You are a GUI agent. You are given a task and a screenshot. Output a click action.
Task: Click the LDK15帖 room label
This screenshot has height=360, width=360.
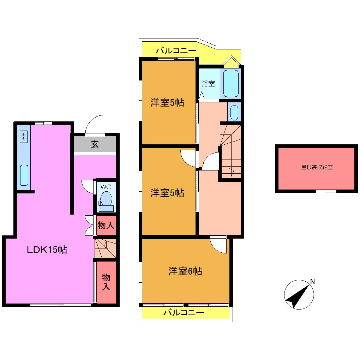pyautogui.click(x=47, y=250)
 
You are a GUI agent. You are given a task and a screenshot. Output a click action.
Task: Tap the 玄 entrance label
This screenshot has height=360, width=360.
pyautogui.click(x=95, y=144)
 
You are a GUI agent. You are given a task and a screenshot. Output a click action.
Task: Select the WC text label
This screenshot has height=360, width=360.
pyautogui.click(x=106, y=186)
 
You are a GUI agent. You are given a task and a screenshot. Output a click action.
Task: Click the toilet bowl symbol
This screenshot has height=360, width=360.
pyautogui.click(x=106, y=199)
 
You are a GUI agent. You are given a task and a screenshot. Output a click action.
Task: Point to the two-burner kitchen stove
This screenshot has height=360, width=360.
pyautogui.click(x=23, y=136)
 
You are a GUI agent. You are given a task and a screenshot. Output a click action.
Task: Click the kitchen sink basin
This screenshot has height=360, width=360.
pyautogui.click(x=24, y=175)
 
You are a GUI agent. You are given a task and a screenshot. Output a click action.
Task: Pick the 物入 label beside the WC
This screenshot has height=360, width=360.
pyautogui.click(x=106, y=226)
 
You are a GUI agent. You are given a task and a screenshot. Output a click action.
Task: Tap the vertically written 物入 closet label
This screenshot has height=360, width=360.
pyautogui.click(x=106, y=282)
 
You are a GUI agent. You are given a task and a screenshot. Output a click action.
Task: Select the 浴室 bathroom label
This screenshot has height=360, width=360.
pyautogui.click(x=208, y=84)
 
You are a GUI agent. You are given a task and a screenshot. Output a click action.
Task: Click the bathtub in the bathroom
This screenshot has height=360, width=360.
pyautogui.click(x=231, y=83)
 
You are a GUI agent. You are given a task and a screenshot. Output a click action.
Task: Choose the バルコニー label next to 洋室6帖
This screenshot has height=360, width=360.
pyautogui.click(x=184, y=313)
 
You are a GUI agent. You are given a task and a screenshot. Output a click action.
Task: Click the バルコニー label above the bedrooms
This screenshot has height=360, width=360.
pyautogui.click(x=176, y=51)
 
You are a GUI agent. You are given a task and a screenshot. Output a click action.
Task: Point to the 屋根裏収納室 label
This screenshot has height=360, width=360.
pyautogui.click(x=317, y=167)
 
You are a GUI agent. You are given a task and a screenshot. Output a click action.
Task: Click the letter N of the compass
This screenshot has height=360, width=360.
pyautogui.click(x=312, y=281)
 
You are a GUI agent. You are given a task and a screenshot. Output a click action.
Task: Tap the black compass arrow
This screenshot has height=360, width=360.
pyautogui.click(x=296, y=296)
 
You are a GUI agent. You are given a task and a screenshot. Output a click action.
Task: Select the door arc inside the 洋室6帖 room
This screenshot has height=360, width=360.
pyautogui.click(x=218, y=245)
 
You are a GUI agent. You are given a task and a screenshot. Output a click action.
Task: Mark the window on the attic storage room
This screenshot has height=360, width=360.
pyautogui.click(x=326, y=191)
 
